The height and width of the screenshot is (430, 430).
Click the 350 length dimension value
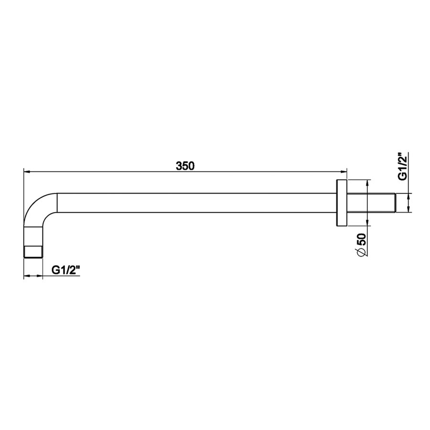[184, 166]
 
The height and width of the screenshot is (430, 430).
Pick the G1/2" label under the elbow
[65, 270]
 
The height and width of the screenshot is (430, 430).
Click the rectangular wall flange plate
[342, 203]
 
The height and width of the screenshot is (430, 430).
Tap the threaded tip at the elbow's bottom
[33, 251]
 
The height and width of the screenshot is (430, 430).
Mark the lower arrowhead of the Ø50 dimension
[367, 223]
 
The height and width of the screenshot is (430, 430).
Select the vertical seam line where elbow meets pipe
[57, 203]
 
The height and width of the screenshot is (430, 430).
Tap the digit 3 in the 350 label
[179, 166]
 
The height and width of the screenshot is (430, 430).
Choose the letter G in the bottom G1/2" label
[55, 270]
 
